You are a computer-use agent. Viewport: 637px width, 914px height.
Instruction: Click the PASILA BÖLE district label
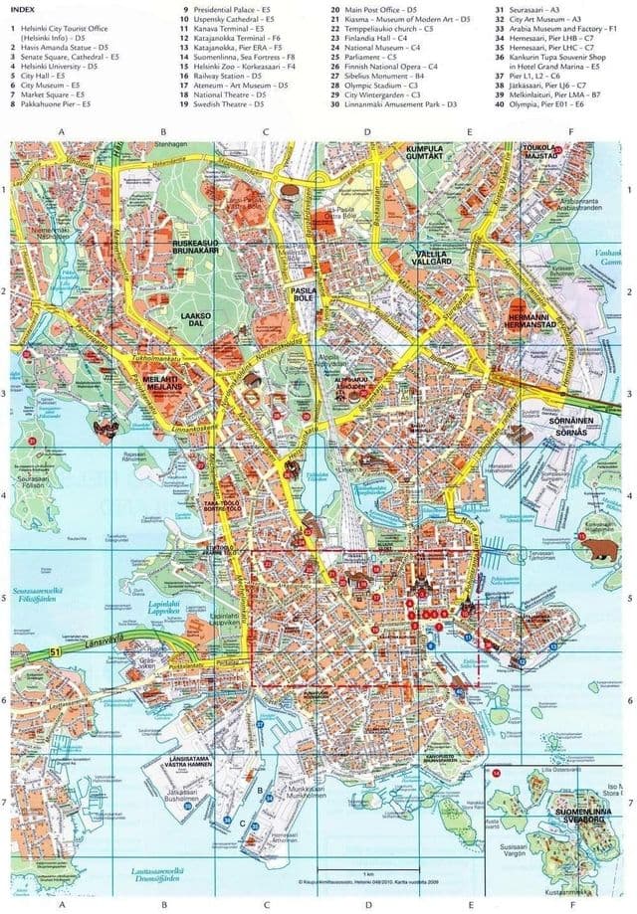[x=303, y=293]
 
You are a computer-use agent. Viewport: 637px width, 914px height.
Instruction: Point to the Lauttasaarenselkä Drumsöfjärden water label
[x=155, y=874]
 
